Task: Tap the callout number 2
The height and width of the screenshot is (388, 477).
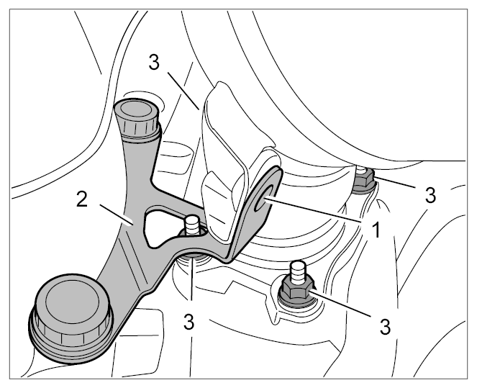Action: coord(82,200)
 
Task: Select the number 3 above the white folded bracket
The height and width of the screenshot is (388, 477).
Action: coord(154,63)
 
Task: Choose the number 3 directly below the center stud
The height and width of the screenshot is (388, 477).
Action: coord(189,322)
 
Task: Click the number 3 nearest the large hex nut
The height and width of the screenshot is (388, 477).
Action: coord(385,327)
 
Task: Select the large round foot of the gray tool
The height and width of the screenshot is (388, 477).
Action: coord(71,317)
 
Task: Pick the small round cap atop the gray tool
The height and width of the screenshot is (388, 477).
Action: coord(136,117)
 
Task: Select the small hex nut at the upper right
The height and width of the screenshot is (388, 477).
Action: coord(364,181)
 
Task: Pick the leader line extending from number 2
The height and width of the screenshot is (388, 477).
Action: coord(117,215)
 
